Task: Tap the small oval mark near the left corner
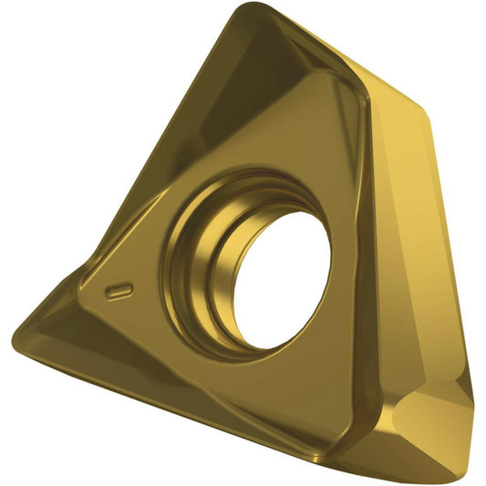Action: [119, 291]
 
